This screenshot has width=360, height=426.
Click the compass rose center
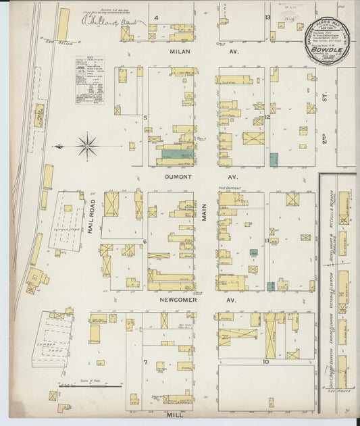[88, 145]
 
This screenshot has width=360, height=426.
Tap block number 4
[156, 18]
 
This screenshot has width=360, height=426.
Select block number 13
[267, 18]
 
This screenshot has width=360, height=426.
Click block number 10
[266, 362]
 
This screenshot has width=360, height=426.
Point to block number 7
[145, 362]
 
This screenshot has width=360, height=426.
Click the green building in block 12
[274, 159]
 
